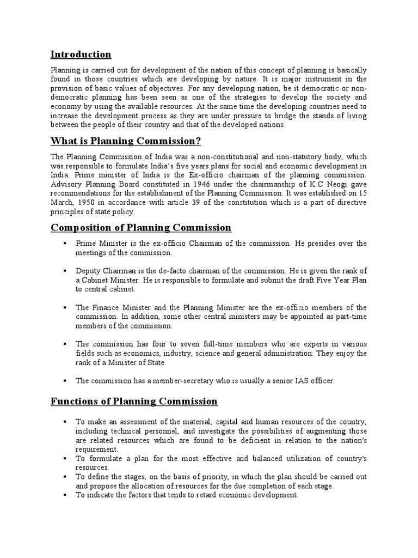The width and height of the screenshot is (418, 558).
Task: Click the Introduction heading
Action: click(81, 54)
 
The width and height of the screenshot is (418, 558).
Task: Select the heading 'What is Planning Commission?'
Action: click(126, 142)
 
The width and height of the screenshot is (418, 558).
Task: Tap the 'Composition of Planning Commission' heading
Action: click(141, 228)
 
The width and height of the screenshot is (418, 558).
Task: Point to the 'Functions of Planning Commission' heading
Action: click(134, 402)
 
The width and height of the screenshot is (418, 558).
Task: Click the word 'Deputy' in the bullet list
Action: click(88, 271)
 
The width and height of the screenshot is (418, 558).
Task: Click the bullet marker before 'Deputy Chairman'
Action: click(64, 271)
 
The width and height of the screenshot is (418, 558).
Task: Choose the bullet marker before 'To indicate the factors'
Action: click(64, 495)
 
